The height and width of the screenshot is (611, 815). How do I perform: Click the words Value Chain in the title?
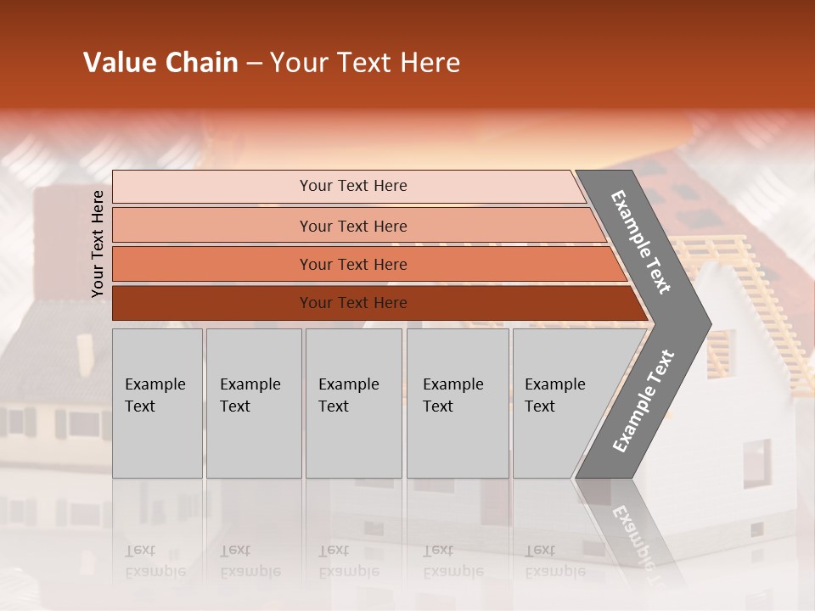click(x=160, y=63)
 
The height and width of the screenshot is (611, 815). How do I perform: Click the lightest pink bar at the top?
click(x=212, y=187)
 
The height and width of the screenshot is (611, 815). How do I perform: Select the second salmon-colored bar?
click(x=212, y=226)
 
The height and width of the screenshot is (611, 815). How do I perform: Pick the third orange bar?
click(x=212, y=265)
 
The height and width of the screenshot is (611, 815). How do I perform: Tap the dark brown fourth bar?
click(x=212, y=303)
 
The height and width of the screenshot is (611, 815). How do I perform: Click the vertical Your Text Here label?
click(x=98, y=244)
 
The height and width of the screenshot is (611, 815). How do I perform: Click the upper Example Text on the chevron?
click(x=641, y=242)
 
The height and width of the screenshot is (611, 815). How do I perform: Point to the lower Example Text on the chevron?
click(x=644, y=401)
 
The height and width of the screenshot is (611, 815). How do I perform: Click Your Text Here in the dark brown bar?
click(x=353, y=303)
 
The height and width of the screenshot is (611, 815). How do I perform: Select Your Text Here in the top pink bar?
click(x=353, y=186)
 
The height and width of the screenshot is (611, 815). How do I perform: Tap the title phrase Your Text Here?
click(x=365, y=63)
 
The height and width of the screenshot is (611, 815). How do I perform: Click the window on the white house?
click(x=756, y=462)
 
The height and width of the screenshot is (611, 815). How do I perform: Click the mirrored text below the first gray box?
click(x=155, y=561)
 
